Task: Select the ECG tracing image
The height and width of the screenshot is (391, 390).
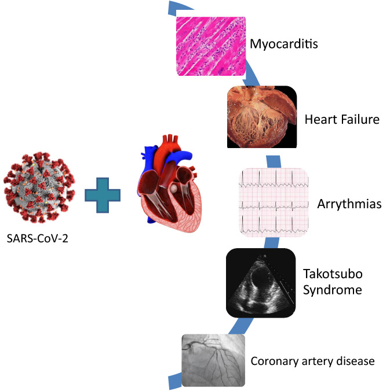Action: [275, 202]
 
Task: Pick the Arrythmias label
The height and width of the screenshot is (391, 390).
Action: [349, 204]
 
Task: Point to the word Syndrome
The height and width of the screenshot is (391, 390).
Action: [332, 289]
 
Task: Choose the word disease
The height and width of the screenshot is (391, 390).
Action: [356, 362]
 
